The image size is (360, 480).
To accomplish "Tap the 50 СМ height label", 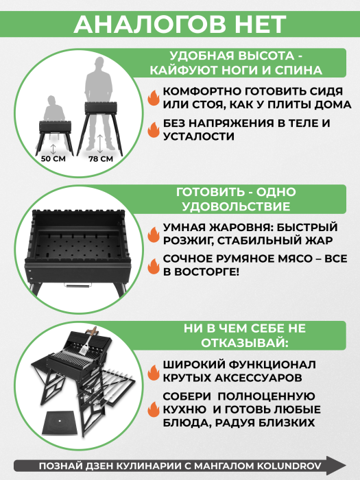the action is pos(53,158).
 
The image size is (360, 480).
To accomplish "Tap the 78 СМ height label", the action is pos(101,159).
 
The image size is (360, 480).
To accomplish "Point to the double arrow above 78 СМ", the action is pos(100,143).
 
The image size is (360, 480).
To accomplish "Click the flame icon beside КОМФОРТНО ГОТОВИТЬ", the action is pos(154,97).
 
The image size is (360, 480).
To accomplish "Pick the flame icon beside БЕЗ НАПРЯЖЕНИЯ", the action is pos(154,129).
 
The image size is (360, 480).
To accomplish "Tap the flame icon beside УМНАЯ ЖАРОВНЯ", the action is pos(154,234).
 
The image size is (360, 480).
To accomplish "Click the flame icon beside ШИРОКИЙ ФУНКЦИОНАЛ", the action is pos(154,372).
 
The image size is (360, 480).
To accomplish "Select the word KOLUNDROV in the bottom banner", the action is pos(289,466).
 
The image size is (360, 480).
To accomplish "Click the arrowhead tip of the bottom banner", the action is pos(346,466).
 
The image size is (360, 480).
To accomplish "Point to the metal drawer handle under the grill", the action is pos(78,285).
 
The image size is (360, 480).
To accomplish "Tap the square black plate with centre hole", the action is pos(59,422).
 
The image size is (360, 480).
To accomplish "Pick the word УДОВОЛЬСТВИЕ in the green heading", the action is pos(236,206).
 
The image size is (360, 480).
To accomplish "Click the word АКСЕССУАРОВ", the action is pos(258,378).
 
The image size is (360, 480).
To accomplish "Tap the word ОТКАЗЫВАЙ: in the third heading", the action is pos(245,343).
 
